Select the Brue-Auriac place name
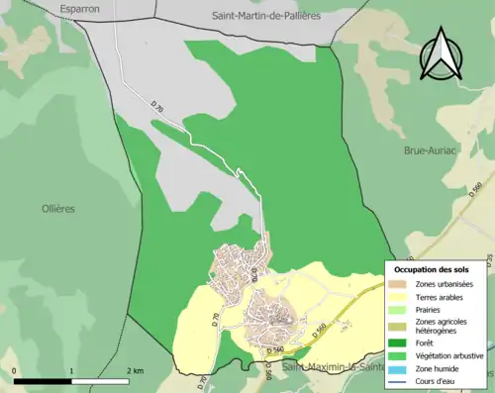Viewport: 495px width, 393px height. coord(429,150)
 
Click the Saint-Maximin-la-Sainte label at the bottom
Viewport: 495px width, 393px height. coord(341,368)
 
